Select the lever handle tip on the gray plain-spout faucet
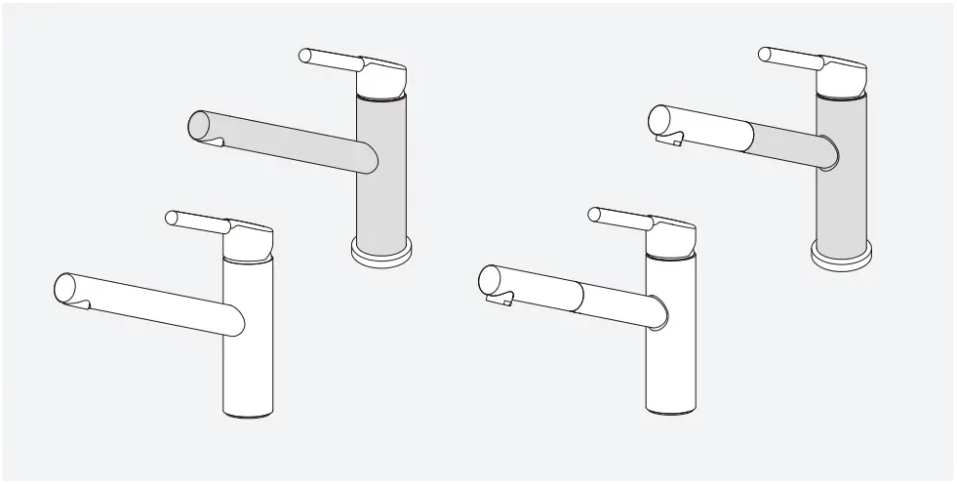305,55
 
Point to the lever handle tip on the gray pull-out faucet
765,55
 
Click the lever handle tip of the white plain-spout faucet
173,217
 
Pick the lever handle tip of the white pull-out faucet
595,214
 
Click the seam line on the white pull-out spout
581,296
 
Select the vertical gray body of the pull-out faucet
841,205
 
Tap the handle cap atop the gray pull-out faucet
843,77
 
